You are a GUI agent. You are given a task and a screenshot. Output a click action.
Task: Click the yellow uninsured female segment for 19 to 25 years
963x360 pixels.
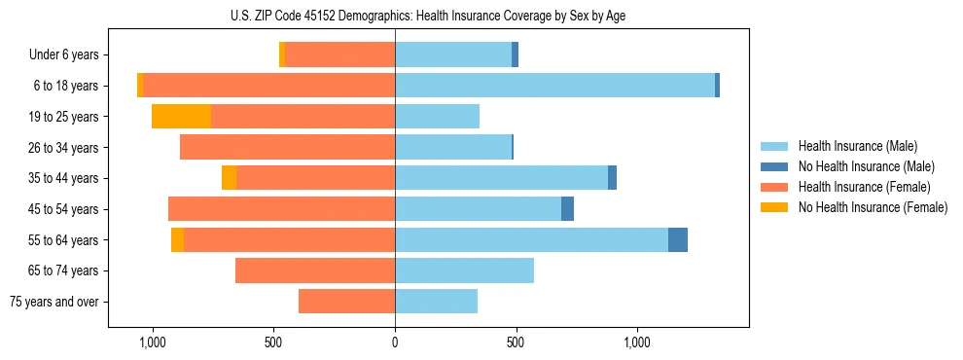181,117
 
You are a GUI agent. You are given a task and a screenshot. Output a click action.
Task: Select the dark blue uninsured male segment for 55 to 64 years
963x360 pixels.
678,239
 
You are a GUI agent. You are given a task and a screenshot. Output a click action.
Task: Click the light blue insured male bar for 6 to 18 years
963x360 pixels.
554,86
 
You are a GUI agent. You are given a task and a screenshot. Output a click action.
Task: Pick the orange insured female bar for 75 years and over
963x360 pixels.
346,302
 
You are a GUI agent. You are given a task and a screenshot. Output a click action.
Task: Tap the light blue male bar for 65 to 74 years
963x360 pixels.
464,270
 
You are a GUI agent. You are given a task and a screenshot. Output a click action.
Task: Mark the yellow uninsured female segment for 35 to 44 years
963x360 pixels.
229,178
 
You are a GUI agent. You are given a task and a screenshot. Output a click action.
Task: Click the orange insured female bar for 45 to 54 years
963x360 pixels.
281,209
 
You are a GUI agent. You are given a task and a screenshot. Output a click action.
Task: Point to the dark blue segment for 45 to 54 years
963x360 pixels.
567,209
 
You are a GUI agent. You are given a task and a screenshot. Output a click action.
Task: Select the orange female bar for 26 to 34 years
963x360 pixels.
287,147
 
